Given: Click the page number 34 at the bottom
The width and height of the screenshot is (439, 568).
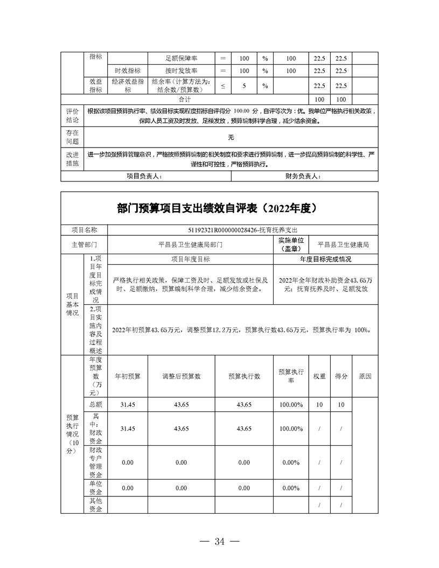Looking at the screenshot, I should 219,541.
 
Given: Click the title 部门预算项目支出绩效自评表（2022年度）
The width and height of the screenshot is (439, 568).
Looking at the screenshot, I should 219,208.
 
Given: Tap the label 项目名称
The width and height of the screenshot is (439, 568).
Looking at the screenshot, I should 85,230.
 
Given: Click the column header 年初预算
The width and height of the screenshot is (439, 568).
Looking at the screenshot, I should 128,376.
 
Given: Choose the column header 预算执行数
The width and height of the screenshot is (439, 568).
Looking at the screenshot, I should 244,376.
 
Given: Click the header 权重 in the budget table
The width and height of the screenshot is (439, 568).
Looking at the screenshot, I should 319,376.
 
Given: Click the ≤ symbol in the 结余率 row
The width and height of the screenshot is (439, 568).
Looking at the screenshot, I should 223,86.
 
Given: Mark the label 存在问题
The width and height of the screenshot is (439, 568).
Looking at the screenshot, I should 72,137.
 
